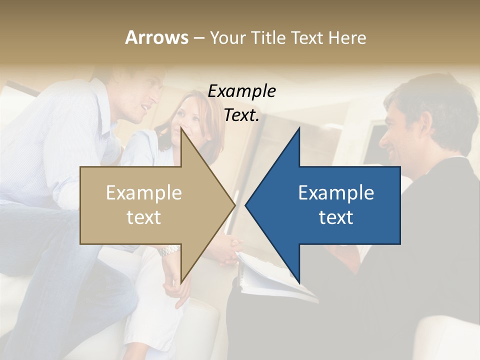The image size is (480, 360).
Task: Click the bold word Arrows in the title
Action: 156,37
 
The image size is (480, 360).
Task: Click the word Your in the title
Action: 225,37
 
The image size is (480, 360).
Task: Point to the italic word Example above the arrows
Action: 241,91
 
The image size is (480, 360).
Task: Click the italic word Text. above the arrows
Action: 241,115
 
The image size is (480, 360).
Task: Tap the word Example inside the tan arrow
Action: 144,192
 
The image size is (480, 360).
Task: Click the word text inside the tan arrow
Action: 144,217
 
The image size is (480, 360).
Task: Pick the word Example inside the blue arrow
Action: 336,192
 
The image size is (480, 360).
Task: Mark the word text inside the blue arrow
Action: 336,217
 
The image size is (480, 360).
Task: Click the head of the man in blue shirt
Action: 142,95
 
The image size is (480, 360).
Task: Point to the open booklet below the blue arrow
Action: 270,277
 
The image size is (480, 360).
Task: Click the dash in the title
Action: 198,38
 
